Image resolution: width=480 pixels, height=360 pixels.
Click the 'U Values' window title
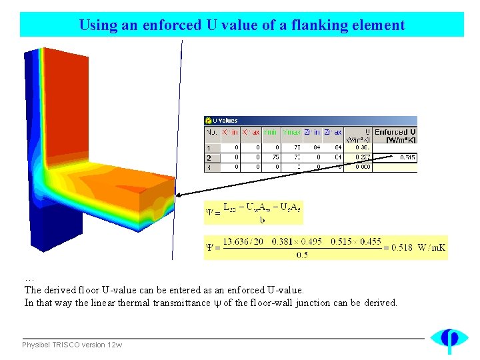[x=225, y=121]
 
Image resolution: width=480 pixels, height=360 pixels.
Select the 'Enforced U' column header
[x=395, y=135]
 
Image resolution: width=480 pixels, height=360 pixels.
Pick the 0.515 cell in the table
[x=407, y=158]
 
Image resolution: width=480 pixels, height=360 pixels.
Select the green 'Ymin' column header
[x=271, y=132]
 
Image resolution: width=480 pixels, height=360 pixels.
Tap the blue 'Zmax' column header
[x=332, y=132]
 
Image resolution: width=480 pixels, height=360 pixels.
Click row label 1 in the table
[x=209, y=148]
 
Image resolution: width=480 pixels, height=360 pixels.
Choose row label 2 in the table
[x=209, y=158]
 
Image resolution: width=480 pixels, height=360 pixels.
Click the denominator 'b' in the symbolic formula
[x=262, y=219]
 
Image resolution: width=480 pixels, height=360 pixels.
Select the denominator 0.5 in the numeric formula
[x=302, y=254]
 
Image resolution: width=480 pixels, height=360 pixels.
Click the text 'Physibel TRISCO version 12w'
[x=72, y=345]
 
